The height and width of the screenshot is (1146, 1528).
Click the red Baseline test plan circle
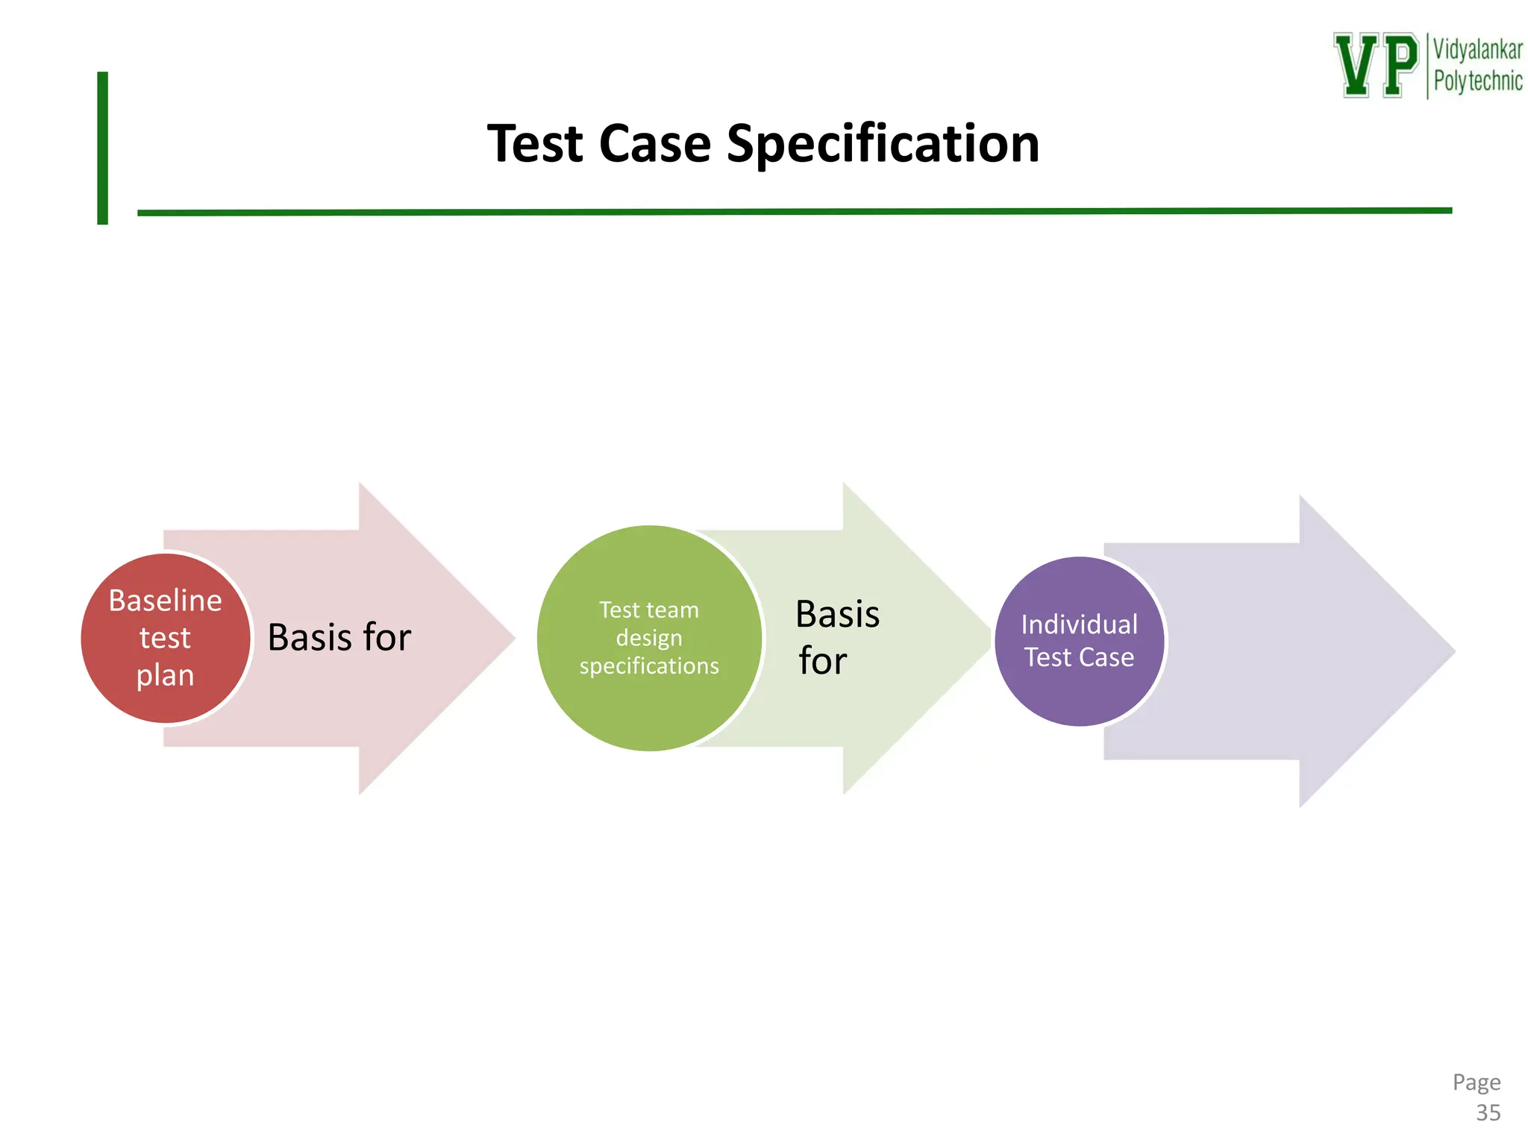[x=166, y=638]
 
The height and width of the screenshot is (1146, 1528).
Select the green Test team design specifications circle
[x=649, y=638]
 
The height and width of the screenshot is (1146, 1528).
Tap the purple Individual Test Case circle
[x=1080, y=641]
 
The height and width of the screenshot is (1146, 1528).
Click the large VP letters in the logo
[x=1376, y=65]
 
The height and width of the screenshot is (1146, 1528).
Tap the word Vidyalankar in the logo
[x=1477, y=50]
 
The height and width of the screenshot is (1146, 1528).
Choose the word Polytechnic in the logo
[x=1477, y=81]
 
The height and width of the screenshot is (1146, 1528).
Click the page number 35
[x=1488, y=1112]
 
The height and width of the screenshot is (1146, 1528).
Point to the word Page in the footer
[x=1476, y=1082]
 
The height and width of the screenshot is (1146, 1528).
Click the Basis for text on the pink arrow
[x=339, y=637]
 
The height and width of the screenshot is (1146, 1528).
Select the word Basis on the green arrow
[x=837, y=614]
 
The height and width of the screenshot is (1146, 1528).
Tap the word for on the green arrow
[x=822, y=661]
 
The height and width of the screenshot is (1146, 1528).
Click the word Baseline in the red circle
[x=166, y=601]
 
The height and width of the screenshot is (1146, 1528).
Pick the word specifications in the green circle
[x=649, y=666]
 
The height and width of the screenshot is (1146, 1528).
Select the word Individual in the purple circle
[x=1079, y=624]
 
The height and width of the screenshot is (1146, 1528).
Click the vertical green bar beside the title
[x=102, y=148]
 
